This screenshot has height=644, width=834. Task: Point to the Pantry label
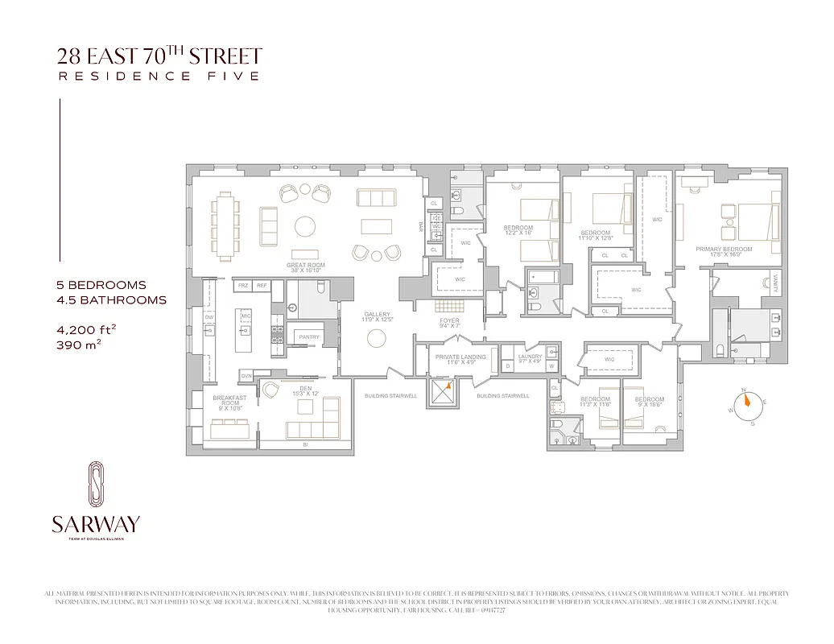pyautogui.click(x=305, y=336)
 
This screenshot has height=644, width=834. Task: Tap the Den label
pyautogui.click(x=304, y=390)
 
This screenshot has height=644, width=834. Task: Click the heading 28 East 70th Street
pyautogui.click(x=159, y=56)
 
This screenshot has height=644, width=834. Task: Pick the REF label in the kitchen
pyautogui.click(x=261, y=286)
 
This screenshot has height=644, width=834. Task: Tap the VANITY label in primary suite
pyautogui.click(x=775, y=283)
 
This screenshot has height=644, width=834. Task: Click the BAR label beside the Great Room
pyautogui.click(x=420, y=226)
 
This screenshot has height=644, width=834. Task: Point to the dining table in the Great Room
pyautogui.click(x=225, y=225)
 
